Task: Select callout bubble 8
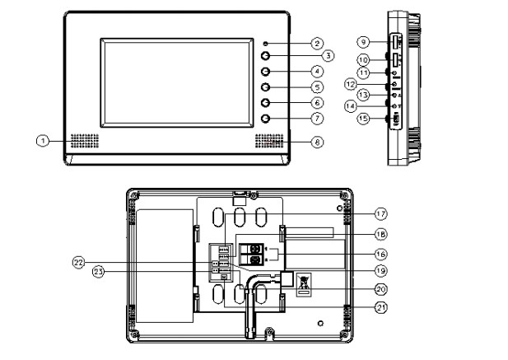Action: pos(318,142)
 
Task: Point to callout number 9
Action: pos(361,40)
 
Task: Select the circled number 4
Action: pos(316,72)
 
